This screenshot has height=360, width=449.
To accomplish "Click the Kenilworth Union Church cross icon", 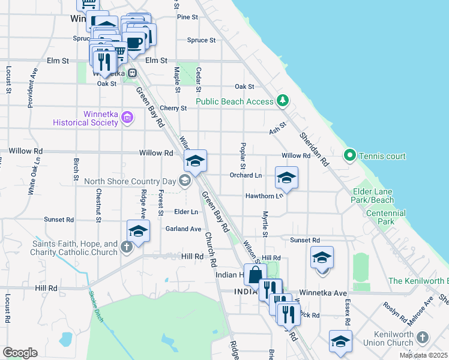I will pos(424,338).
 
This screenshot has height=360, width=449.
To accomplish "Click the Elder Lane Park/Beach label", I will pos(373,196).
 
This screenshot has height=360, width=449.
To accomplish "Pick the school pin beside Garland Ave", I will pos(138,232).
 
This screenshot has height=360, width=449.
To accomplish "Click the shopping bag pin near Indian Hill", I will pos(255,275).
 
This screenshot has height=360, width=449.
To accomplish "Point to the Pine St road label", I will pos(187,17).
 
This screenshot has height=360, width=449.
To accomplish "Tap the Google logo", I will pos(20,353).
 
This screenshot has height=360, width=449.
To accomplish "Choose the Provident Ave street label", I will pos(34,88).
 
